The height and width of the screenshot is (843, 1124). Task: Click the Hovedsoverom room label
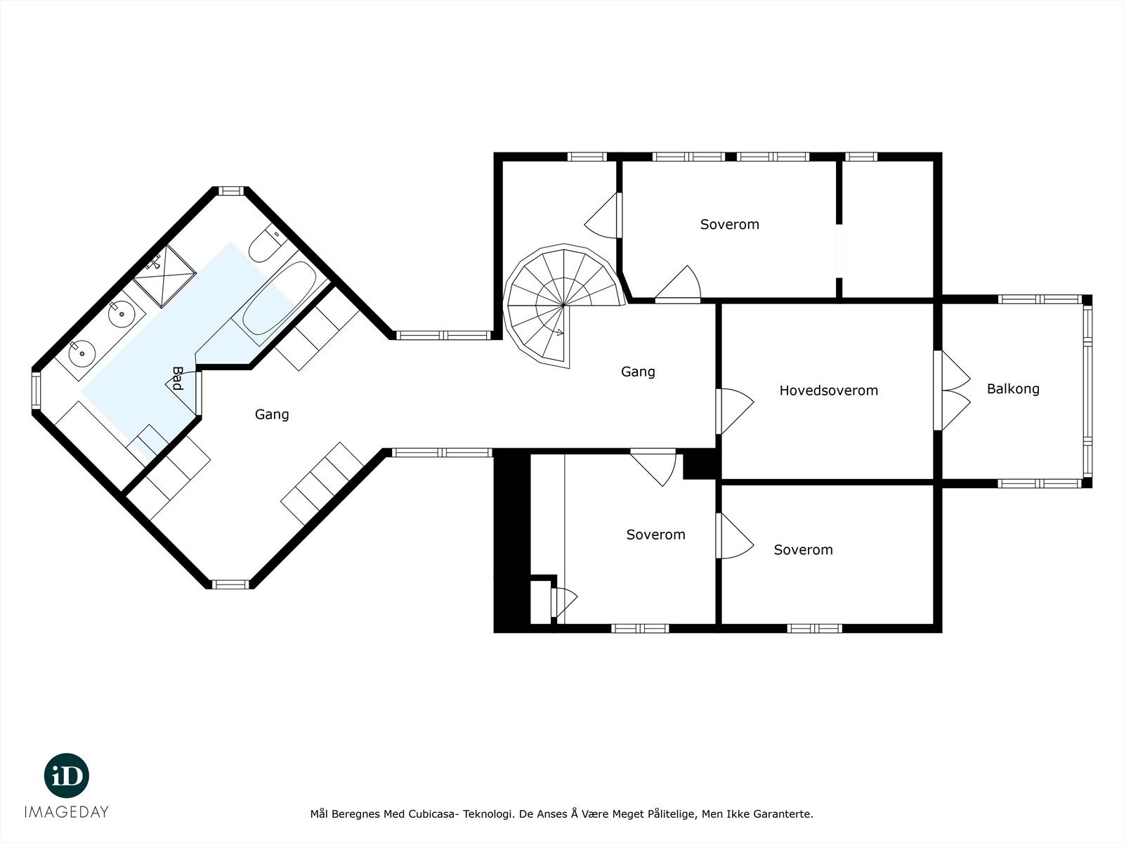pos(828,391)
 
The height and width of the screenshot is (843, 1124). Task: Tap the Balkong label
pos(1012,388)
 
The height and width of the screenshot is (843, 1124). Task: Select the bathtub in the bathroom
pos(279,299)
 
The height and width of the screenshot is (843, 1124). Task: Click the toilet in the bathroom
pos(265,243)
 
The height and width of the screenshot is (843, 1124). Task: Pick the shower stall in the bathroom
pos(164,276)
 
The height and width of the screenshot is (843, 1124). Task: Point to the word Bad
pos(177,379)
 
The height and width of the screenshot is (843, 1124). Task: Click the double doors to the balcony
pos(952,391)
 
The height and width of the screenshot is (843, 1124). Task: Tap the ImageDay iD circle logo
pos(67,775)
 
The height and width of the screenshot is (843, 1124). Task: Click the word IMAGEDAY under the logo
pos(67,812)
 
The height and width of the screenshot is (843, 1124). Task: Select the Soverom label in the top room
pos(729,225)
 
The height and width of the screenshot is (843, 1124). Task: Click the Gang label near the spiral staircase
pos(638,372)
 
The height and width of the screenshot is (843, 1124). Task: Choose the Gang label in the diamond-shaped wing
pos(272,414)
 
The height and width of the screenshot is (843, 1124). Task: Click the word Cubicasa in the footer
pos(433,814)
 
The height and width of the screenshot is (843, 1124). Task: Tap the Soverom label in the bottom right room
pos(803,550)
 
